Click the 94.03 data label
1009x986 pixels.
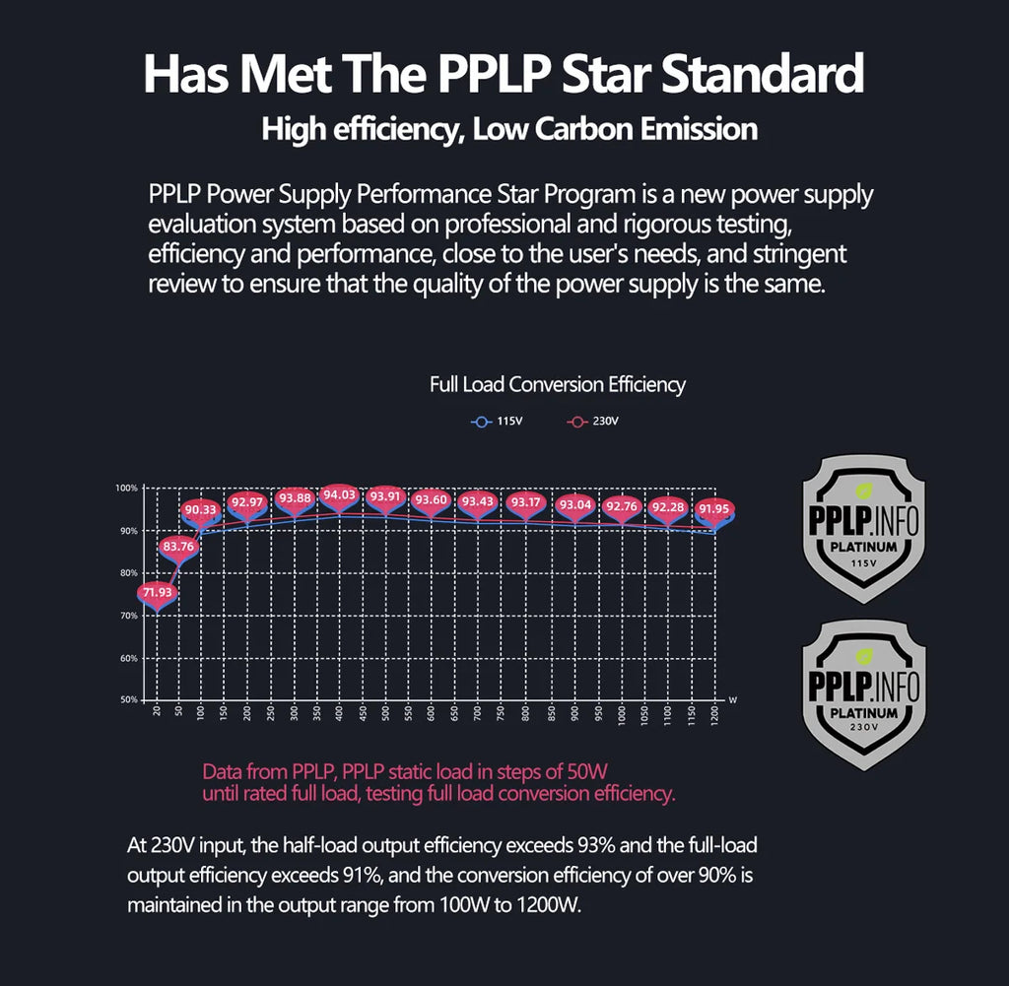tap(339, 494)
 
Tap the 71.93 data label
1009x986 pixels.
tap(156, 592)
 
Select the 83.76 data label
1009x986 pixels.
tap(179, 546)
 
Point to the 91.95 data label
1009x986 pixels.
tap(713, 508)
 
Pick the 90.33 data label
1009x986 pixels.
tap(202, 509)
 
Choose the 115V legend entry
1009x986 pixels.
tap(498, 422)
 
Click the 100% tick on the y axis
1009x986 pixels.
tap(126, 489)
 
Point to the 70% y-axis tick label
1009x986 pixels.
tap(128, 616)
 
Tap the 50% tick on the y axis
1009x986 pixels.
tap(128, 700)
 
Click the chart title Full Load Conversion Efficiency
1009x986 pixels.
tap(558, 385)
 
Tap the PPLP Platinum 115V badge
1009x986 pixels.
tap(864, 528)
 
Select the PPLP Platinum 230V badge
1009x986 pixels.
tap(864, 694)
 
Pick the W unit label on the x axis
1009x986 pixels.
tap(732, 699)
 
